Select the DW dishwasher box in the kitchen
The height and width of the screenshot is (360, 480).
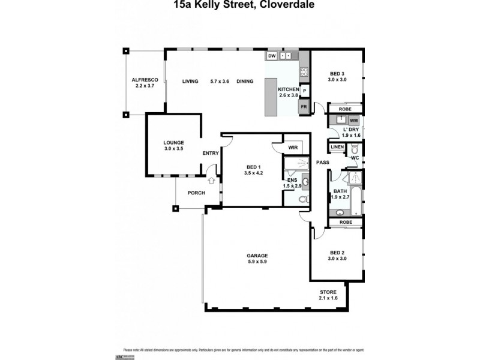pyautogui.click(x=272, y=56)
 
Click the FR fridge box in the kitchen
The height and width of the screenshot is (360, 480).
pyautogui.click(x=304, y=107)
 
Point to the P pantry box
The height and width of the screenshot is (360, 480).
pyautogui.click(x=304, y=91)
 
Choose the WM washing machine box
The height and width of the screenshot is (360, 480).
pyautogui.click(x=353, y=120)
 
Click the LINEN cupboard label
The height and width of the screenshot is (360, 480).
pyautogui.click(x=337, y=147)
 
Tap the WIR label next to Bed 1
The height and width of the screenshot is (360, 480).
pyautogui.click(x=293, y=146)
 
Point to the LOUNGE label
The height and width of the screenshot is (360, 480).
pyautogui.click(x=173, y=142)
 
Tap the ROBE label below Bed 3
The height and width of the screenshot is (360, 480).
pyautogui.click(x=345, y=109)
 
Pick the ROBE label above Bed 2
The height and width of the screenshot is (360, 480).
pyautogui.click(x=345, y=222)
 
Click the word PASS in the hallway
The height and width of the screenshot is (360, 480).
pyautogui.click(x=322, y=162)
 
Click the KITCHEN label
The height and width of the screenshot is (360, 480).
pyautogui.click(x=288, y=89)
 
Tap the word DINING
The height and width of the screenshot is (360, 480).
pyautogui.click(x=245, y=81)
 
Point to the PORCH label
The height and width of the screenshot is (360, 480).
pyautogui.click(x=196, y=193)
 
